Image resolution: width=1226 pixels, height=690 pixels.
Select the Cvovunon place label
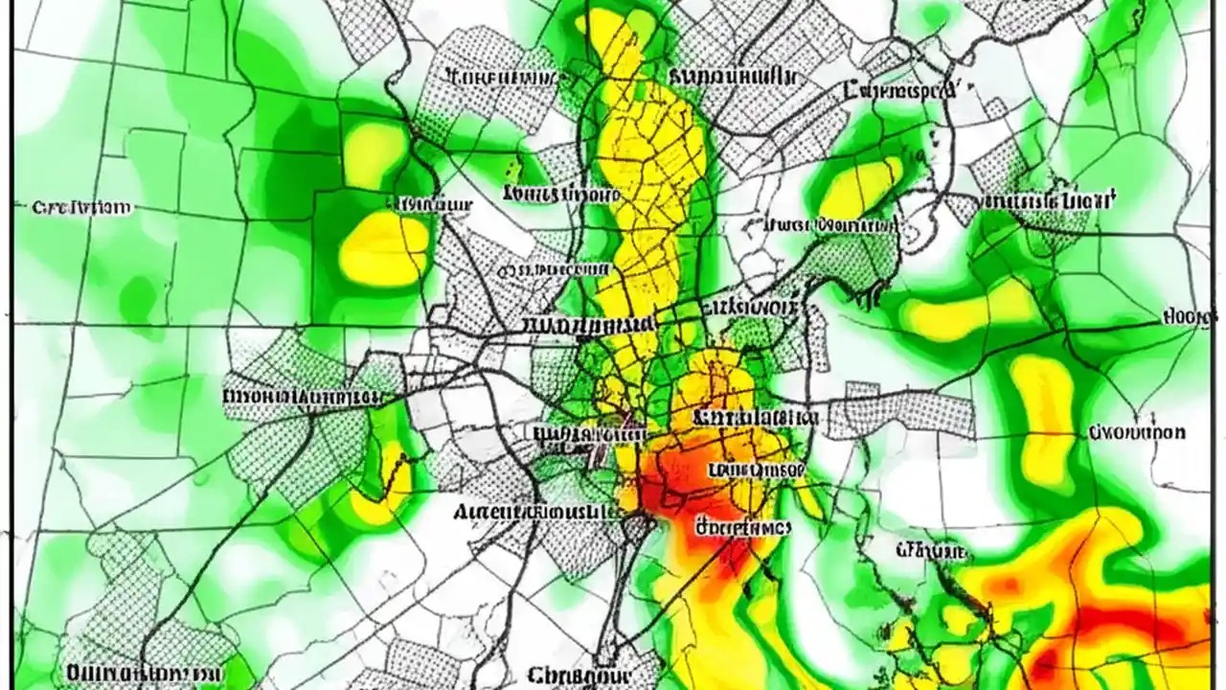(x=1137, y=432)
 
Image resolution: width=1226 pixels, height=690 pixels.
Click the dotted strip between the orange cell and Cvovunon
(x=900, y=412)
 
